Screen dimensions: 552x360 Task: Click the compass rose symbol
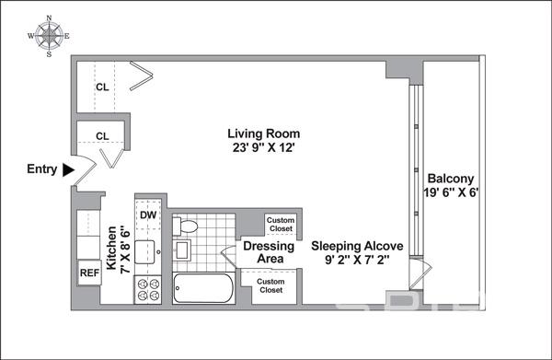click(x=49, y=36)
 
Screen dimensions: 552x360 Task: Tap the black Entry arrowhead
click(x=68, y=169)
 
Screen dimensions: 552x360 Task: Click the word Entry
click(x=42, y=169)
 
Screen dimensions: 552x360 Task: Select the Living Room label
click(x=264, y=134)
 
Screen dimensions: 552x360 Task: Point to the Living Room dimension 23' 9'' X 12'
click(x=263, y=147)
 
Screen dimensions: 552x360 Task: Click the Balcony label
click(x=450, y=179)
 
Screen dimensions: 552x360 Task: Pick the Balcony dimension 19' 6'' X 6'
click(x=450, y=192)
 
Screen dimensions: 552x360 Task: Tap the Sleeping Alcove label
click(x=357, y=246)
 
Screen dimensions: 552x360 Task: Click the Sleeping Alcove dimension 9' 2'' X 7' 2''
click(x=357, y=260)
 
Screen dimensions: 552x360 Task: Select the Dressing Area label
click(x=269, y=252)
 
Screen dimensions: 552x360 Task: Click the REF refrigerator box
click(x=89, y=273)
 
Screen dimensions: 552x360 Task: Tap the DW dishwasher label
click(x=148, y=215)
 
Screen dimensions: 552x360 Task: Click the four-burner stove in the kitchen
click(x=148, y=289)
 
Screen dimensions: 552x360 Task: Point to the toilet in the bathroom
click(x=185, y=226)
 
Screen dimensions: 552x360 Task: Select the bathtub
click(x=202, y=288)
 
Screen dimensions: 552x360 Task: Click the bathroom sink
click(x=182, y=250)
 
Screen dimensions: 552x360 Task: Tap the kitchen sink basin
click(x=145, y=252)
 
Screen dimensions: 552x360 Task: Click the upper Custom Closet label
click(x=281, y=225)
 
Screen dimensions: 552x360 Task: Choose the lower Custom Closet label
click(x=270, y=285)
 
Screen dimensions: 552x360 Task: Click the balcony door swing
click(x=421, y=274)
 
